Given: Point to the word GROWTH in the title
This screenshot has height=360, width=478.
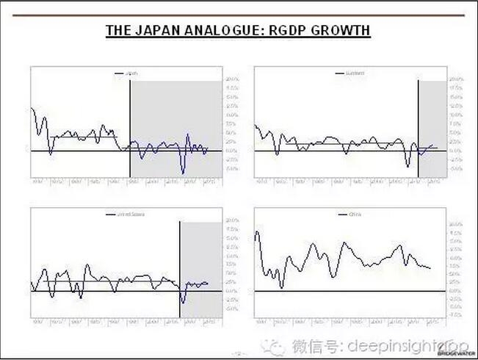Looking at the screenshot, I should point(342,31).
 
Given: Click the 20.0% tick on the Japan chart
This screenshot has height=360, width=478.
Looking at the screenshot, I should point(231,79).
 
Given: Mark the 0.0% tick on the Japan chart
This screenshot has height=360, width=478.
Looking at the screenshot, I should point(231,150).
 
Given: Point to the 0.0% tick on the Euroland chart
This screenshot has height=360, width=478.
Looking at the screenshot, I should point(455,150).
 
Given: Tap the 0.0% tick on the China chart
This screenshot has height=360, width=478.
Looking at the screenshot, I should point(455,291).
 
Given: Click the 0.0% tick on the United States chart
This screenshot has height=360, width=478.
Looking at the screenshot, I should point(231,291).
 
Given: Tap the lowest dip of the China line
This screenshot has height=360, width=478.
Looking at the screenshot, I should point(282,287).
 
